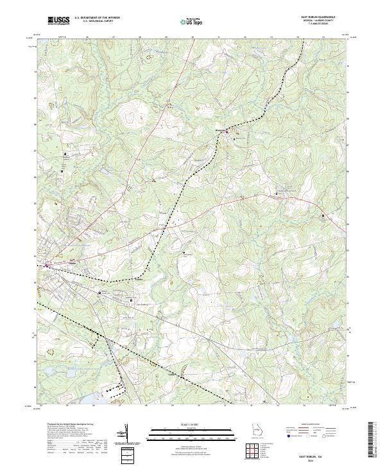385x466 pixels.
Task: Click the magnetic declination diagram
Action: (126, 432)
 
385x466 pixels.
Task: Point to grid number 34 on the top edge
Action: (298, 37)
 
